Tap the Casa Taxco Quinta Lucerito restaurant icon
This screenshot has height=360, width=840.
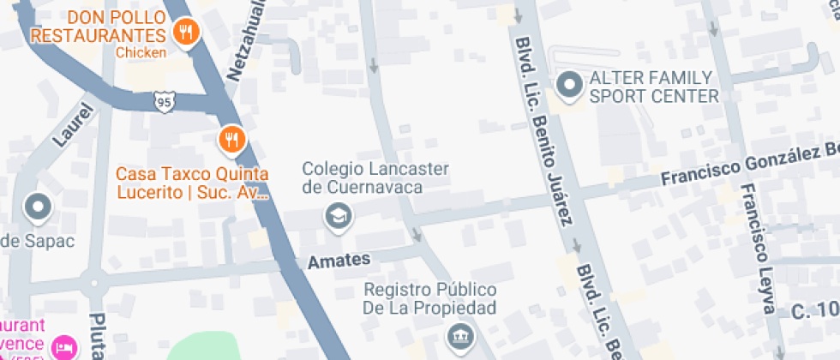tap(231, 138)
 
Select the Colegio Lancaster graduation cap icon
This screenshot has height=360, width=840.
tap(339, 216)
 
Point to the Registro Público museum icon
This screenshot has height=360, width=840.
tap(458, 335)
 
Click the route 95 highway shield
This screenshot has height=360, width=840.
tap(165, 102)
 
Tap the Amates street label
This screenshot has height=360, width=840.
tap(339, 259)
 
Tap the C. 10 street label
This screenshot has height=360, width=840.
tap(814, 310)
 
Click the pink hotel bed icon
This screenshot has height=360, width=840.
tap(64, 347)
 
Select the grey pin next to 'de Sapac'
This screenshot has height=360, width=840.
tap(38, 206)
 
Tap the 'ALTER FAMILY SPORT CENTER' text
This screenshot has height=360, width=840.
tap(653, 87)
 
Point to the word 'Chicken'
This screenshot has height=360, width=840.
tap(141, 53)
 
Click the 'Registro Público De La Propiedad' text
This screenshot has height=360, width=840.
tap(429, 299)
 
